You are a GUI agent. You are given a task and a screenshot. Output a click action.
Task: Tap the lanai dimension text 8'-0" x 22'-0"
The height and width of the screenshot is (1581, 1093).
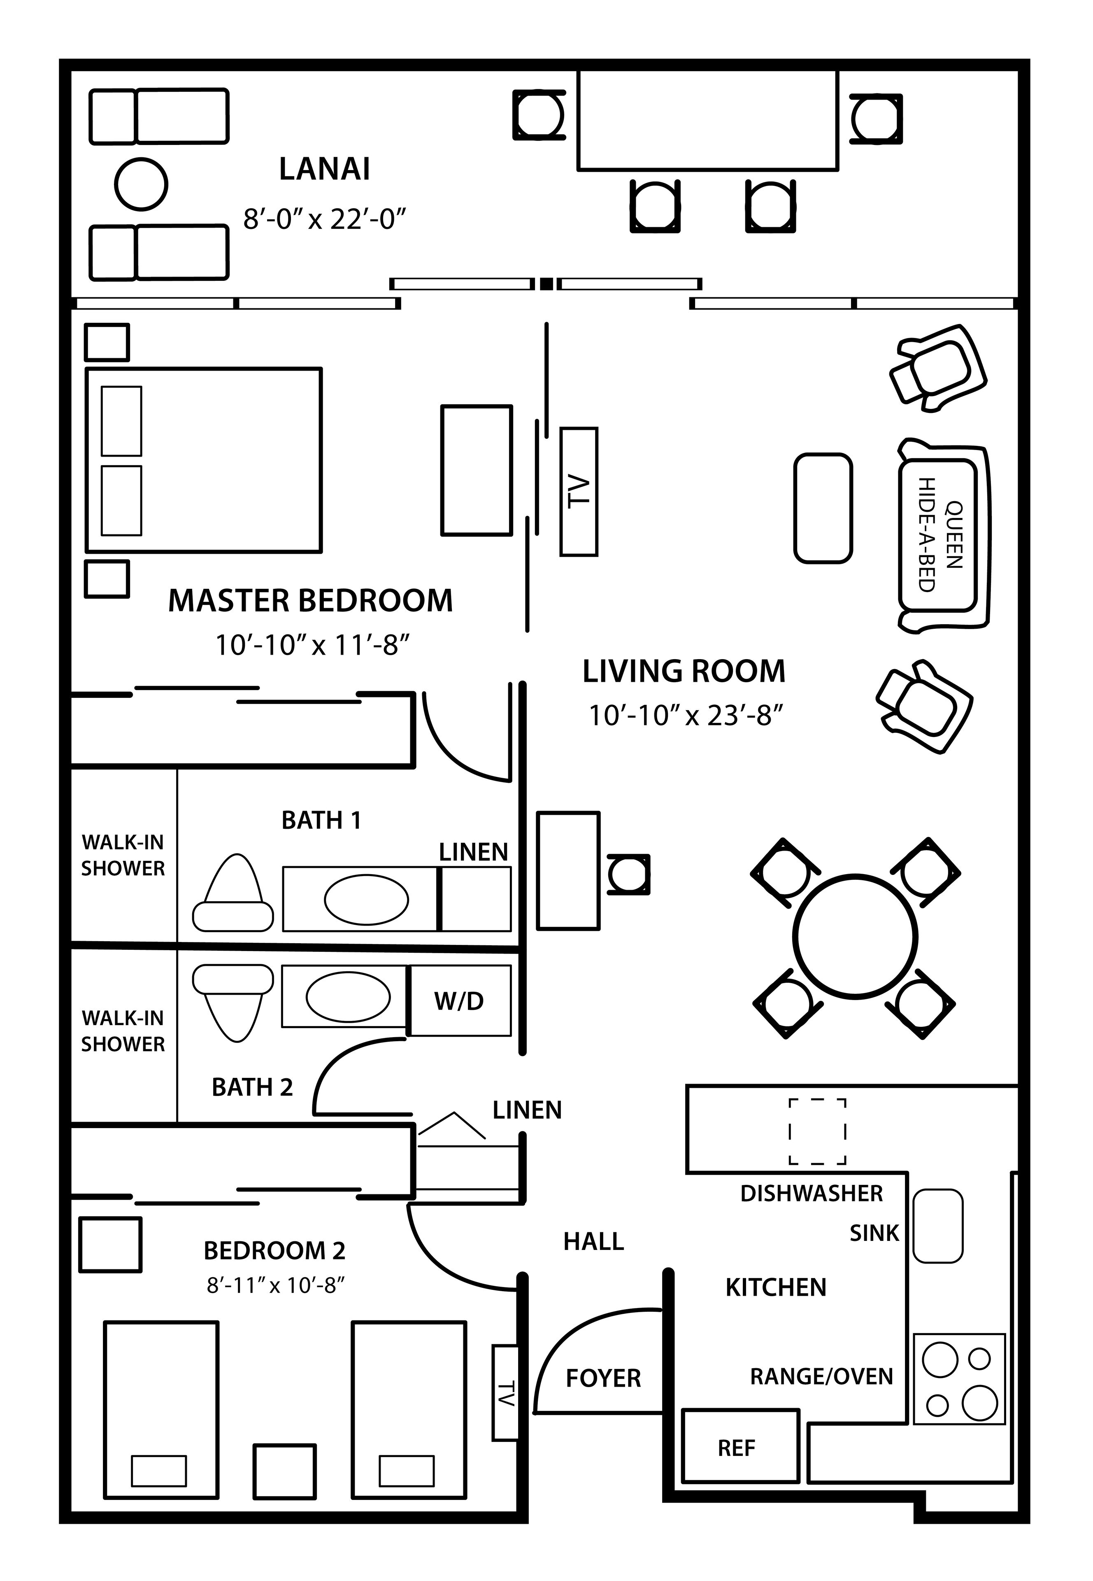tap(325, 219)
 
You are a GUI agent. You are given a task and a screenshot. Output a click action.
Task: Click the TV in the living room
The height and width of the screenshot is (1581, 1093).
tap(579, 491)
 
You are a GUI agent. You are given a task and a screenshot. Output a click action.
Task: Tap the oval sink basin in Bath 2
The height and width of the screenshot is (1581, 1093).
tap(348, 997)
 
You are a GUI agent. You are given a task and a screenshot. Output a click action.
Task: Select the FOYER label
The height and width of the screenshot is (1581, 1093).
tap(602, 1378)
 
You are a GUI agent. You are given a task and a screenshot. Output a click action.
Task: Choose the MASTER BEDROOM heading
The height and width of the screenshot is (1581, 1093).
tap(310, 600)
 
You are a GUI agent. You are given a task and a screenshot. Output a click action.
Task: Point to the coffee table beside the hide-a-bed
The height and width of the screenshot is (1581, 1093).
tap(823, 508)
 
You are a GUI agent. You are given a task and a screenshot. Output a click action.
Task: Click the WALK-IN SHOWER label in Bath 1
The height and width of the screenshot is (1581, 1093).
tap(123, 855)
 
